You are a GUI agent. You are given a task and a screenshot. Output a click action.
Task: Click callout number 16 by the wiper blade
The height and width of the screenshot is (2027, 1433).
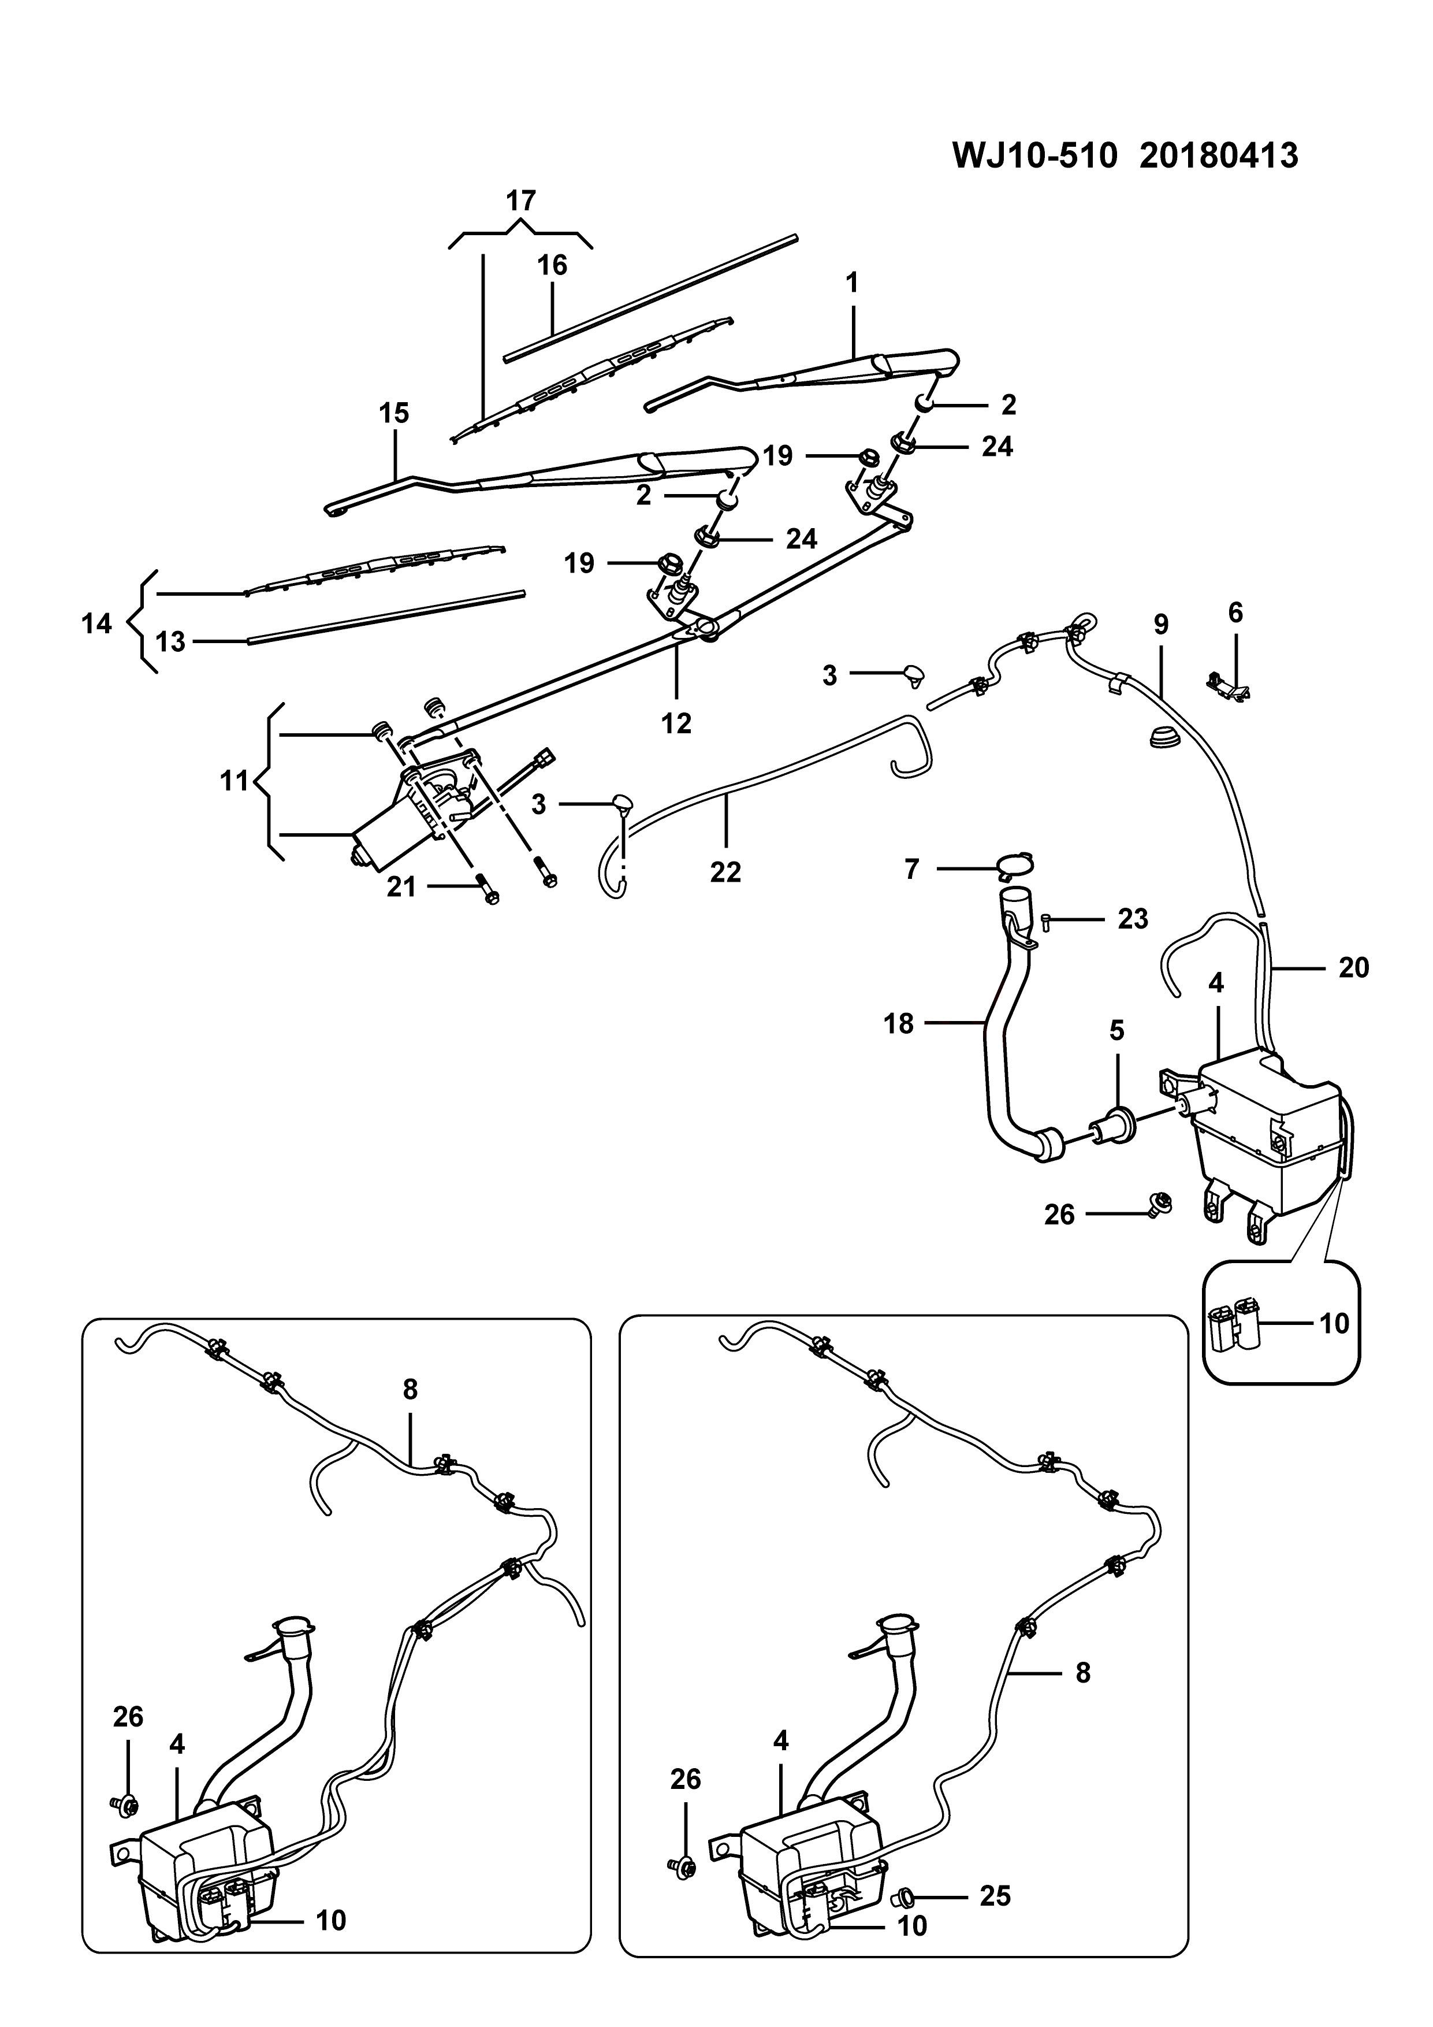click(552, 265)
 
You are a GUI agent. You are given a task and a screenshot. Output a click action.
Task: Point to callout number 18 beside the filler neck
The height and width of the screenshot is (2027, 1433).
click(899, 1024)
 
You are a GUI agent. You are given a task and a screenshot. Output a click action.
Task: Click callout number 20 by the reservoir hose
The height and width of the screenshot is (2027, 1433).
click(1354, 968)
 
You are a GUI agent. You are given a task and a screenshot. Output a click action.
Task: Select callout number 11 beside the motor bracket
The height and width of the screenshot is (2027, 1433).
click(234, 781)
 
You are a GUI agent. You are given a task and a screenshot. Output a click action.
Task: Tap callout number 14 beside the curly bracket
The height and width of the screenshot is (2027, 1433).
click(97, 624)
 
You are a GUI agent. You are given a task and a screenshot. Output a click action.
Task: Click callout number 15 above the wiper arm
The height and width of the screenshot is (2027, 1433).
click(394, 413)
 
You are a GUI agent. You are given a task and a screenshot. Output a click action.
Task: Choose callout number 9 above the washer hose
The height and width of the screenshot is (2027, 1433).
click(1161, 624)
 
